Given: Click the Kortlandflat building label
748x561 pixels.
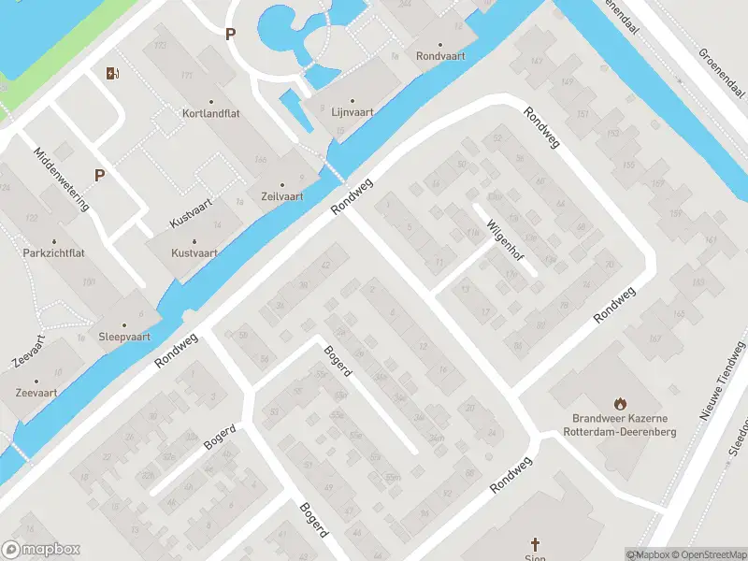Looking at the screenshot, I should point(210,114).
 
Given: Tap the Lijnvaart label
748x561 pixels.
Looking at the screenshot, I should point(352,112).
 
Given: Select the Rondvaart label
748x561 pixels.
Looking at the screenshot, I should point(440,55).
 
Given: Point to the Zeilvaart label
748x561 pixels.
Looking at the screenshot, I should point(281,196).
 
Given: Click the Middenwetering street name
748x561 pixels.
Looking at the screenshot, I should point(62,180).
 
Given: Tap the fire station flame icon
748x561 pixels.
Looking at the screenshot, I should point(619,403).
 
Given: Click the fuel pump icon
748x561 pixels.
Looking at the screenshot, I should point(113,73).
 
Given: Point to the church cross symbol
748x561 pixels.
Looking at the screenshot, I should point(536,543).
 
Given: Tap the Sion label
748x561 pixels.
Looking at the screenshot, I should point(536,558).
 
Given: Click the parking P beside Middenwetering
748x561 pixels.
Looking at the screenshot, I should point(99,174).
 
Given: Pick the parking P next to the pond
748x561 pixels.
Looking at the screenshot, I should point(230,35).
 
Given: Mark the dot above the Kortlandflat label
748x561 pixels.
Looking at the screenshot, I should point(210,102).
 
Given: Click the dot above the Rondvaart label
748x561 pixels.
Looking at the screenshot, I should point(440,43).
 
